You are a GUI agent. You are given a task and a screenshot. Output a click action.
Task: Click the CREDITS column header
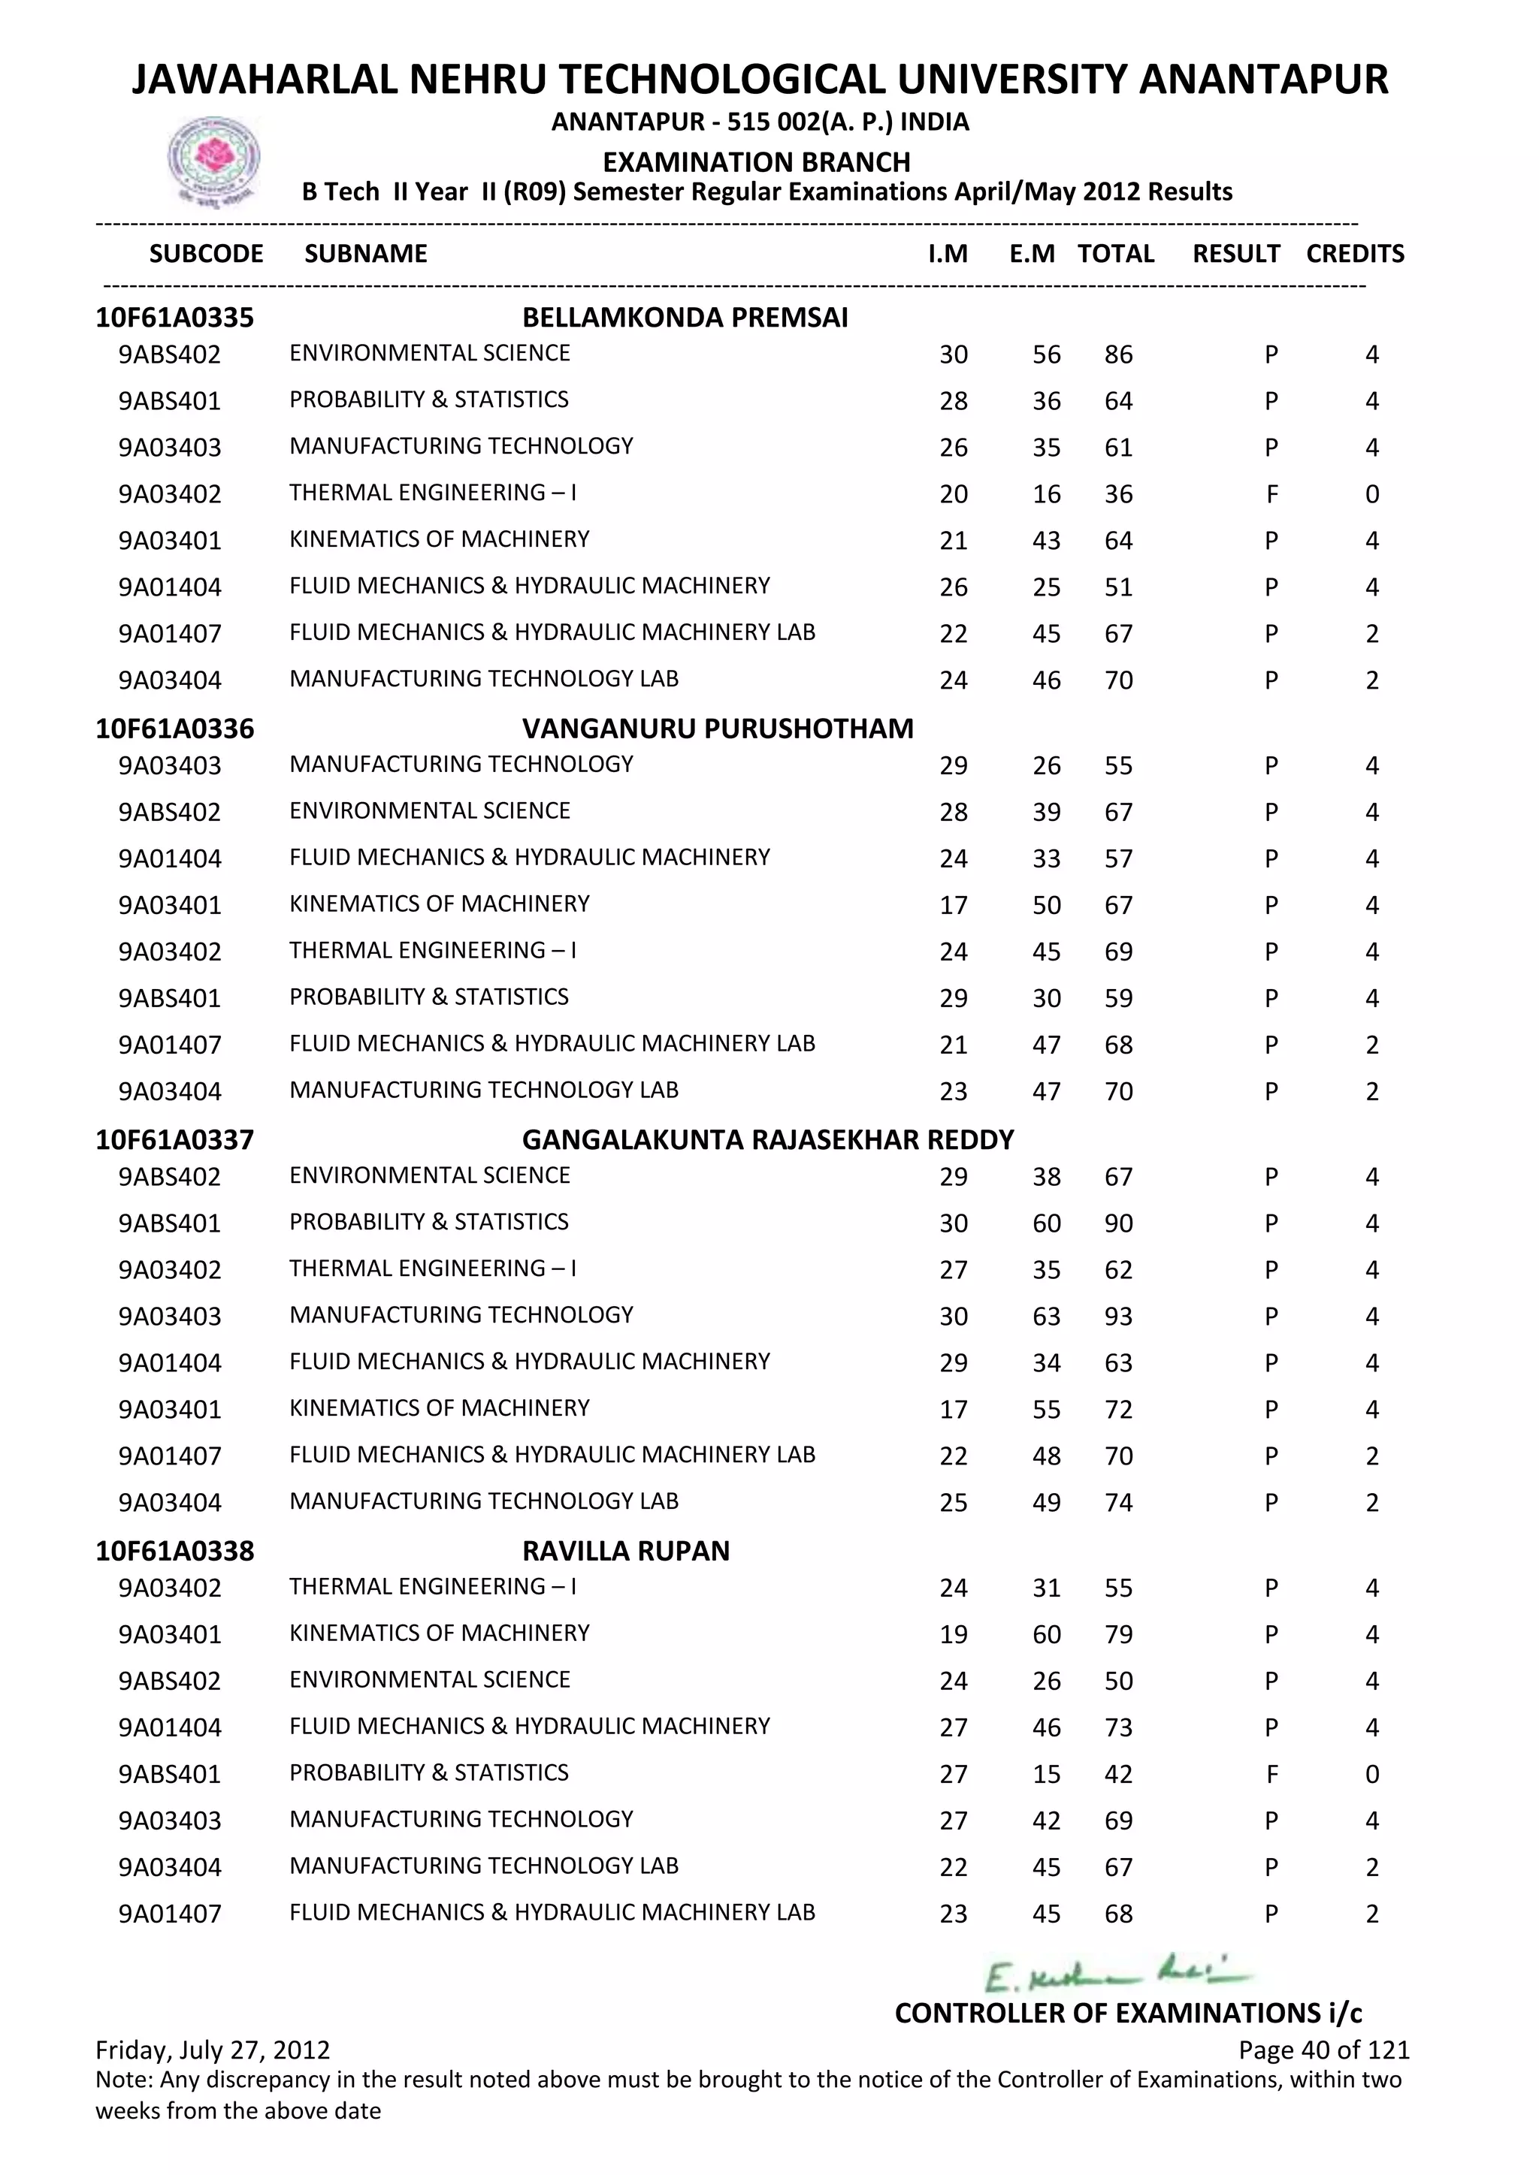[1354, 254]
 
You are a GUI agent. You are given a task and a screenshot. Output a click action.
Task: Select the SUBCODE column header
[207, 254]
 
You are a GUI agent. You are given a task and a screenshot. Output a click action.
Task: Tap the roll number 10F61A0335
[174, 318]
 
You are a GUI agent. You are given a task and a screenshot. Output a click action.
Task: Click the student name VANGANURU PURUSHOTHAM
[718, 729]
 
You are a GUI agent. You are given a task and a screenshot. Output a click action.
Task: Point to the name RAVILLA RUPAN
[625, 1551]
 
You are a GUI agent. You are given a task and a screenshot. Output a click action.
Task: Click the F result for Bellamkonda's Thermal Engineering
[1271, 494]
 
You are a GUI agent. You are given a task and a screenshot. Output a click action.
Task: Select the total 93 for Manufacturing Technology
[1118, 1317]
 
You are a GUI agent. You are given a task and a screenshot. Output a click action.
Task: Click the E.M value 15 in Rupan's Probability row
[1046, 1774]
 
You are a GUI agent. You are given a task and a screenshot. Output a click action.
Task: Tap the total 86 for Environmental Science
[1118, 355]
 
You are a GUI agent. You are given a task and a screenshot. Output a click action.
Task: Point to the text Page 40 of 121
[1324, 2050]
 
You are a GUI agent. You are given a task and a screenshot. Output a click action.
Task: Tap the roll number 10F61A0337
[174, 1139]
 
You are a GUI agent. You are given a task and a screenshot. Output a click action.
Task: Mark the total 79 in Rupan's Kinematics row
[1118, 1635]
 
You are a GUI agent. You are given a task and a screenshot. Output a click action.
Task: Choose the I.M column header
[948, 254]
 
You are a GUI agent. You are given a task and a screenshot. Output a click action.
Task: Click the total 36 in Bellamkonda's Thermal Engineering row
[1118, 494]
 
